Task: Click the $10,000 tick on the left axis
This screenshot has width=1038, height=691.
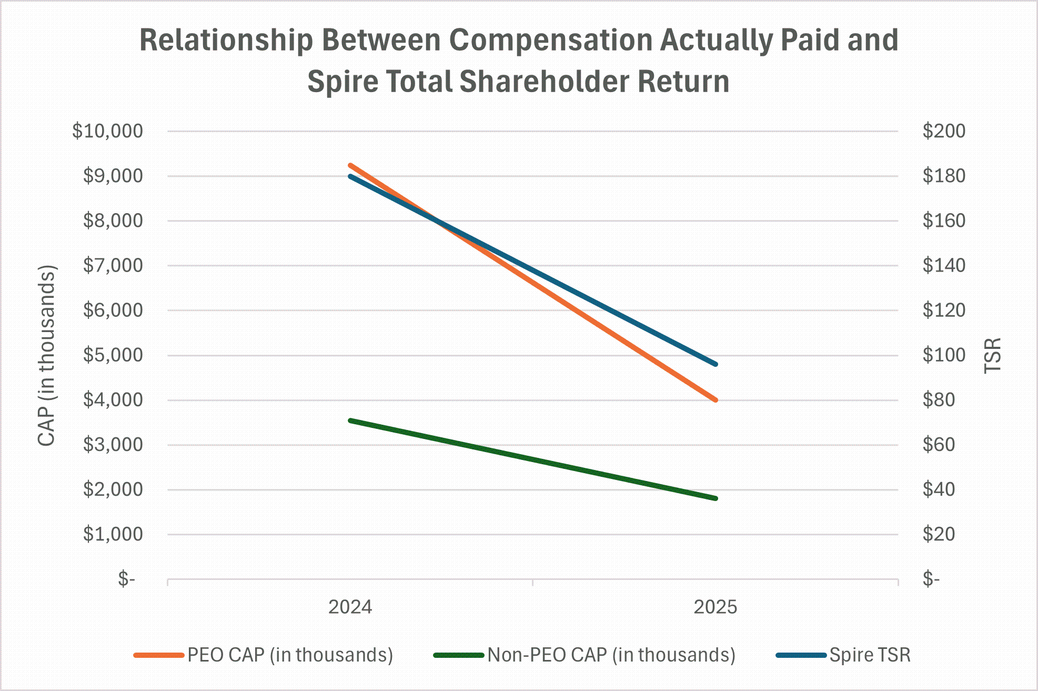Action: [x=107, y=131]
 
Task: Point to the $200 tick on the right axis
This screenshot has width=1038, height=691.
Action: [x=944, y=131]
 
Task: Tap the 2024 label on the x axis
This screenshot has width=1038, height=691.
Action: [x=350, y=607]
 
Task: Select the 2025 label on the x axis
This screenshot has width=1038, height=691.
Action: [x=715, y=607]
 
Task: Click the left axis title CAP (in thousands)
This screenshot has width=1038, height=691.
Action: [x=47, y=356]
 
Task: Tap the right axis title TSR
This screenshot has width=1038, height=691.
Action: [x=992, y=356]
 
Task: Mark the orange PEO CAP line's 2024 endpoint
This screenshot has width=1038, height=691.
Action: [x=350, y=165]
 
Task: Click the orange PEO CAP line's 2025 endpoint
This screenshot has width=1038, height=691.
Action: [x=715, y=400]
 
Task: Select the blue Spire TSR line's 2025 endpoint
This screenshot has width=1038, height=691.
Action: [x=715, y=364]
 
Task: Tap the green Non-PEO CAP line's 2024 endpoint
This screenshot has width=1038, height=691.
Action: [x=350, y=420]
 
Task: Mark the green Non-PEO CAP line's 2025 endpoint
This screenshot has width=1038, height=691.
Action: [x=715, y=498]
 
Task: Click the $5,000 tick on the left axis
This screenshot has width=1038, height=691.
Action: [x=113, y=355]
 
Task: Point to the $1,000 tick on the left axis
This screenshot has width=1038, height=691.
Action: [x=113, y=535]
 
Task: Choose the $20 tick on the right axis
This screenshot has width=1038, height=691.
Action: [x=939, y=535]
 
